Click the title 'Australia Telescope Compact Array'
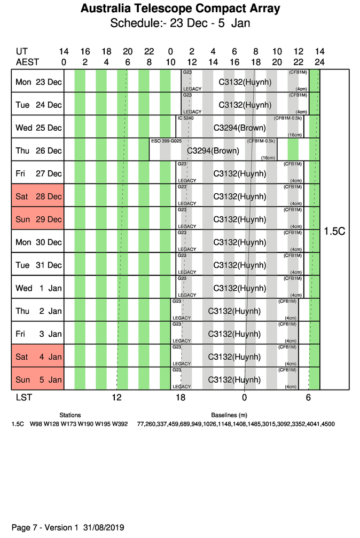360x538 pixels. (180, 9)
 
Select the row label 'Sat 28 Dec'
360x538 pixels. (38, 196)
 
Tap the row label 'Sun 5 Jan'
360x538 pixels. (38, 379)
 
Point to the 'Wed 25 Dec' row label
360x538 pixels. (38, 128)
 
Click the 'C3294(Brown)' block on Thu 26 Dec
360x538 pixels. (213, 151)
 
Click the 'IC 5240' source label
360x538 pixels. (185, 118)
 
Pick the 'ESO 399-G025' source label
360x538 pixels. (167, 141)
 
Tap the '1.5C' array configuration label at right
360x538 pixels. (334, 232)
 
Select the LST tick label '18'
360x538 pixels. (181, 397)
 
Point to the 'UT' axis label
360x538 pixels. (22, 52)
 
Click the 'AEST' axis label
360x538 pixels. (27, 62)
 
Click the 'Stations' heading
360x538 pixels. (70, 415)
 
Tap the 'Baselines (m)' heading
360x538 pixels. (229, 415)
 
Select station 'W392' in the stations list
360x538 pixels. (120, 424)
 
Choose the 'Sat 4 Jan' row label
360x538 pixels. (38, 357)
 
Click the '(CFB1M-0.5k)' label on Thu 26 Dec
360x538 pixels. (261, 141)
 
